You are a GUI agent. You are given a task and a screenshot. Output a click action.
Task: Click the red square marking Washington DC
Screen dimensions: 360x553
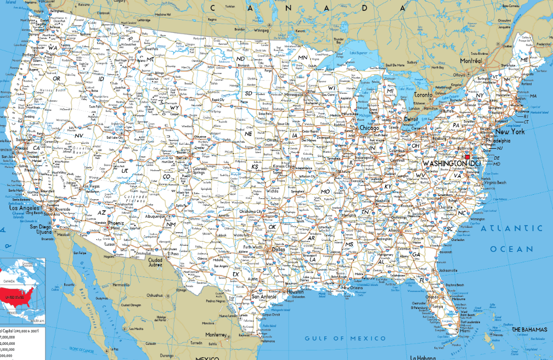[467, 157]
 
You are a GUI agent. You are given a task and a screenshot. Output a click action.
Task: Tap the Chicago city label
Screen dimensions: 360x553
[369, 128]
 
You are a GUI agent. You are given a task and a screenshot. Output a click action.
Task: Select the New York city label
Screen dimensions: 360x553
[510, 132]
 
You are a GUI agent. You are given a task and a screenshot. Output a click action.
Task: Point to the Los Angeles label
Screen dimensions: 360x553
[22, 209]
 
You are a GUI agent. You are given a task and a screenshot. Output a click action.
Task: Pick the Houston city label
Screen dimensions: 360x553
[295, 291]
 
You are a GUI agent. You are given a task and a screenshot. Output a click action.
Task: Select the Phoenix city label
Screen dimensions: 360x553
[116, 224]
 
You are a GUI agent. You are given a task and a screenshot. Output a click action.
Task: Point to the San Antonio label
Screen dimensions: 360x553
[263, 297]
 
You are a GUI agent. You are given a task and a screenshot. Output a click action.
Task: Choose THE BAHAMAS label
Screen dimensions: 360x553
[529, 329]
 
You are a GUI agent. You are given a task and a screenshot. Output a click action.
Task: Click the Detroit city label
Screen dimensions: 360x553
[411, 119]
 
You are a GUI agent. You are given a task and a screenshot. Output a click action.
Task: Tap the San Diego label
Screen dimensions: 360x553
[41, 227]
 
